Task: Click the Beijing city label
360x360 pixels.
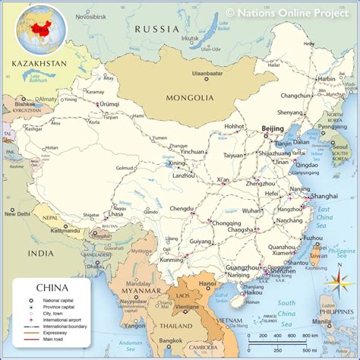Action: point(271,129)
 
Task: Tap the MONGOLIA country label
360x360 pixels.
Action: point(190,98)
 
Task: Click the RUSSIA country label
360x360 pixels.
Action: point(157,29)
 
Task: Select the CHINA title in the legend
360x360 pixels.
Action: point(52,288)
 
